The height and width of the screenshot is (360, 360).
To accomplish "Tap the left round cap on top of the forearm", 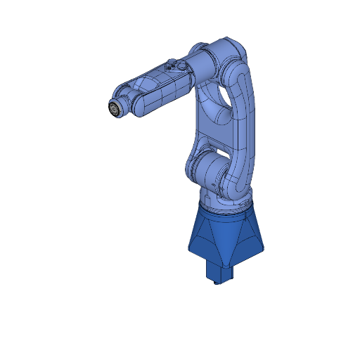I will click(171, 65).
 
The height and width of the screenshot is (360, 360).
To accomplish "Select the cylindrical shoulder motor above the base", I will click(209, 171).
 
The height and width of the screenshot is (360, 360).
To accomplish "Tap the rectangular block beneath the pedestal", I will click(217, 271).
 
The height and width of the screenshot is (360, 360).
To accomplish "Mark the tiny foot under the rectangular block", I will click(215, 284).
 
